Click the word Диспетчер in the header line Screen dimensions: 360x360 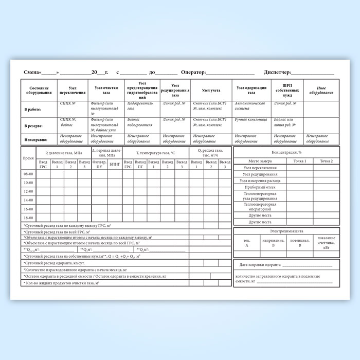278,73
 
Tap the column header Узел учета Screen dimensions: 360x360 211,90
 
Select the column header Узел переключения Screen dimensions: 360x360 73,90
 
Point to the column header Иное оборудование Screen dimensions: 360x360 321,91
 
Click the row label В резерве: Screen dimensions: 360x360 33,125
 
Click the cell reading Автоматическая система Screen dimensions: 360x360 250,106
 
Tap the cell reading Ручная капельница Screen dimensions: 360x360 251,119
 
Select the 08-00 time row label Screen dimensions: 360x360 28,174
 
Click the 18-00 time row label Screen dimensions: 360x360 28,218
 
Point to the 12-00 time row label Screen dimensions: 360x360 28,191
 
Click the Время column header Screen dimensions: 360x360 29,158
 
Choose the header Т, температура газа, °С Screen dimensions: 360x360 155,153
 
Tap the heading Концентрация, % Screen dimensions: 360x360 286,153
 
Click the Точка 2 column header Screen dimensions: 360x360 326,161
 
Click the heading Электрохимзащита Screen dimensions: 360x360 286,231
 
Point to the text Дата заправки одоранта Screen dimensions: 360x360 260,265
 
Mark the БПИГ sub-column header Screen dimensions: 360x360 115,164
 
